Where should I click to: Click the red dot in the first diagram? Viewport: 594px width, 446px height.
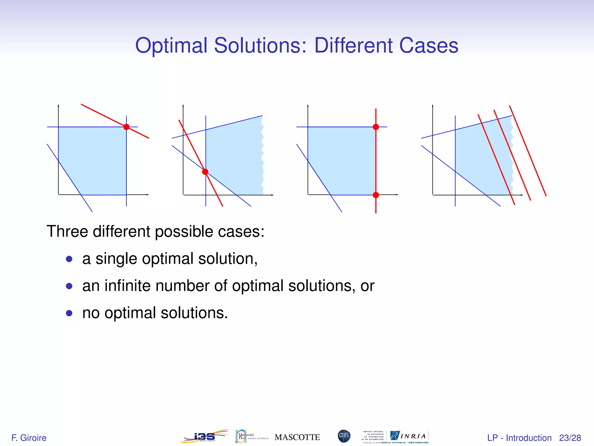click(126, 127)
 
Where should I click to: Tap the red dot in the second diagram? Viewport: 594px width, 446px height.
click(205, 172)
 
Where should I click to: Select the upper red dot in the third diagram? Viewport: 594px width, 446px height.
click(376, 127)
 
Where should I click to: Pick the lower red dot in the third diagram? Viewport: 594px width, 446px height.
click(376, 195)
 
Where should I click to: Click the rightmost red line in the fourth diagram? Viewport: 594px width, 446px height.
click(528, 151)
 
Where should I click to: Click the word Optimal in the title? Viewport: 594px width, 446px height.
click(171, 46)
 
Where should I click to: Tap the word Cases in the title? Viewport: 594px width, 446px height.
click(429, 46)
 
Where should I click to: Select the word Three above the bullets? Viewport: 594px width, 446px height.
click(67, 231)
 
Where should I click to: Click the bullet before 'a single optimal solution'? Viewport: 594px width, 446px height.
click(69, 259)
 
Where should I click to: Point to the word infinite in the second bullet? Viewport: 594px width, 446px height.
click(128, 286)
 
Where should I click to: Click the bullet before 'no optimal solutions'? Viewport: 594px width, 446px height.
click(69, 313)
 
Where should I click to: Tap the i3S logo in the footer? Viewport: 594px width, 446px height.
click(204, 436)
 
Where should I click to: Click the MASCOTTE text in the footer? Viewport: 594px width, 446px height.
click(297, 437)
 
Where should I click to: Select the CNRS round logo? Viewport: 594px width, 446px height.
click(344, 436)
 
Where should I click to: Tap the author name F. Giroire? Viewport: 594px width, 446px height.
click(29, 438)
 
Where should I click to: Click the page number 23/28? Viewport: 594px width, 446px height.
click(570, 438)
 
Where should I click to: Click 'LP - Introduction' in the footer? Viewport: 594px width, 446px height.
click(519, 438)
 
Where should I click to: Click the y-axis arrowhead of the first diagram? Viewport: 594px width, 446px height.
click(58, 105)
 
